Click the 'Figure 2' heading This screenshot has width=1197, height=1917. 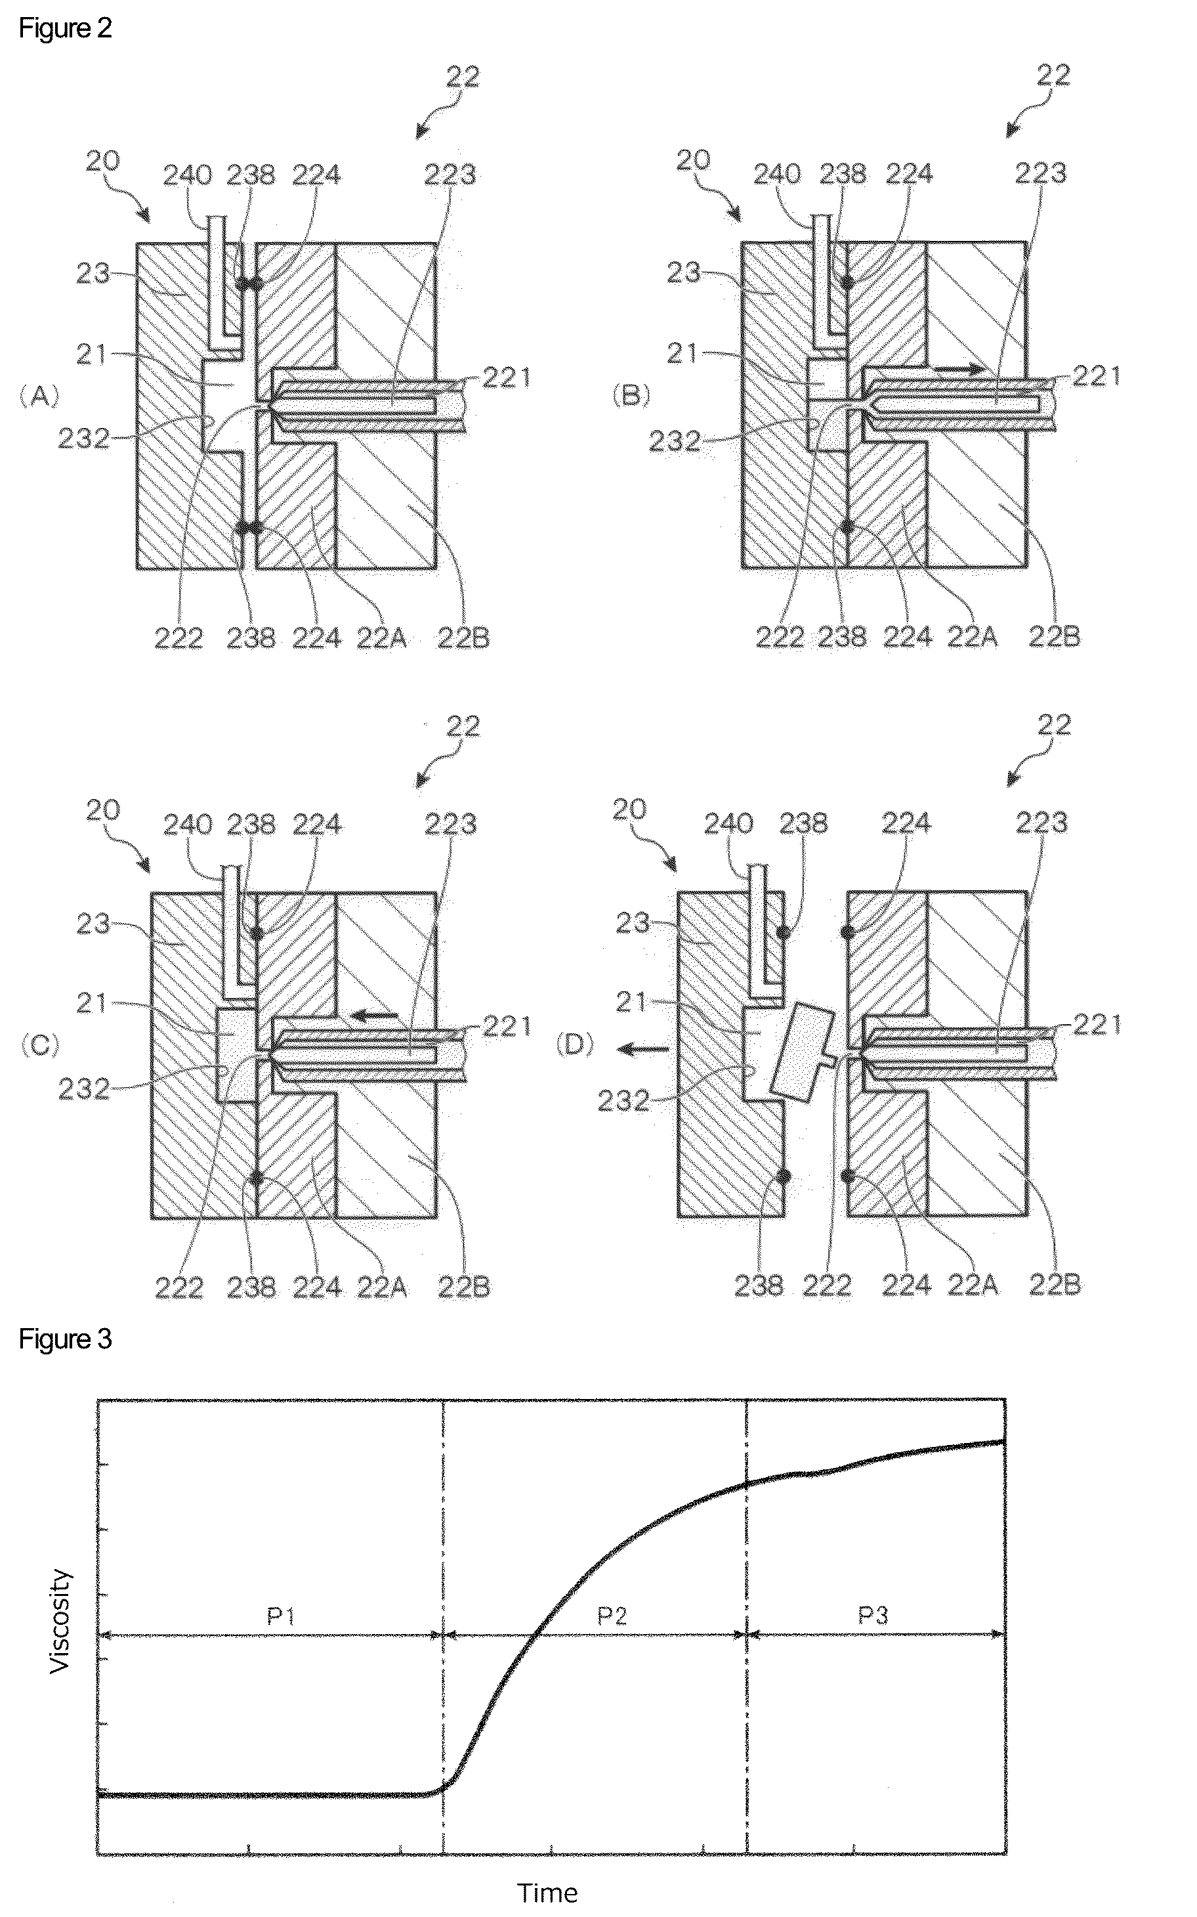coord(65,28)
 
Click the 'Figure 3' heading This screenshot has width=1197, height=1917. coord(65,1339)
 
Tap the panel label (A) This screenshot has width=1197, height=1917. coord(39,395)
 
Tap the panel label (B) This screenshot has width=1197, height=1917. coord(631,395)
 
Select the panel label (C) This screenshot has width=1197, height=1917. coord(39,1045)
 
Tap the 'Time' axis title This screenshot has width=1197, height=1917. coord(548,1893)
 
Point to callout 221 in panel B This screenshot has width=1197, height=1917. coord(1097,377)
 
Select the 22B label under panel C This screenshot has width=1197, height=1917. coord(464,1287)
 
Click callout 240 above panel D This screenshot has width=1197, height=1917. coord(728,825)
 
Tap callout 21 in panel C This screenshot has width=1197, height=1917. coord(92,1003)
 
